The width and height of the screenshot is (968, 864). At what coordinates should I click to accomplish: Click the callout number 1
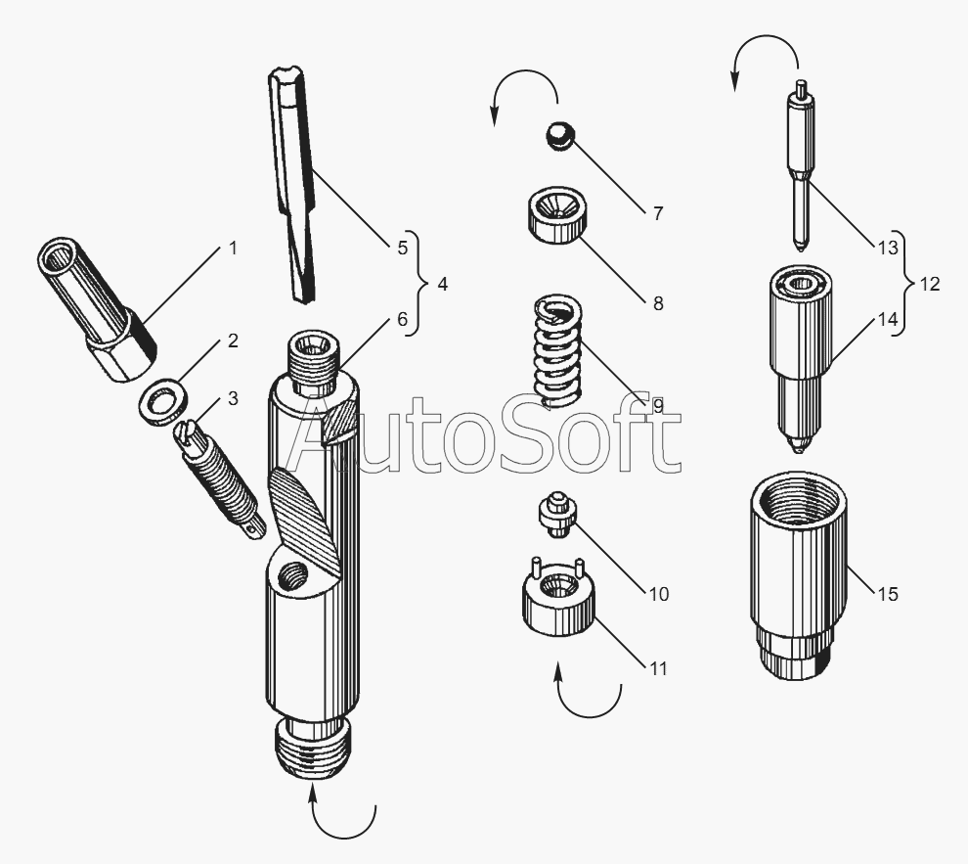[x=233, y=249]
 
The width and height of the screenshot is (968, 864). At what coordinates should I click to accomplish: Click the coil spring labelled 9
[x=558, y=350]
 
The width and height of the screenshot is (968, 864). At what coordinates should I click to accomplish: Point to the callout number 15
[x=887, y=594]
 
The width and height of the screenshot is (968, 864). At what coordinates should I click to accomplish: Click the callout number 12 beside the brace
[x=929, y=284]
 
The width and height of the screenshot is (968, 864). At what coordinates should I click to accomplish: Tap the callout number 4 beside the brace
[x=442, y=284]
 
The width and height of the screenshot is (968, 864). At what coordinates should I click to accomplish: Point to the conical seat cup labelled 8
[x=556, y=213]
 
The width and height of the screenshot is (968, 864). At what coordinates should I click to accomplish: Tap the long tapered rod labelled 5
[x=292, y=184]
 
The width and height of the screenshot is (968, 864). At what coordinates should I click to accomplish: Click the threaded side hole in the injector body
[x=292, y=577]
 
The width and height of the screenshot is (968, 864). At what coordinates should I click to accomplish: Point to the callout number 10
[x=659, y=594]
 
